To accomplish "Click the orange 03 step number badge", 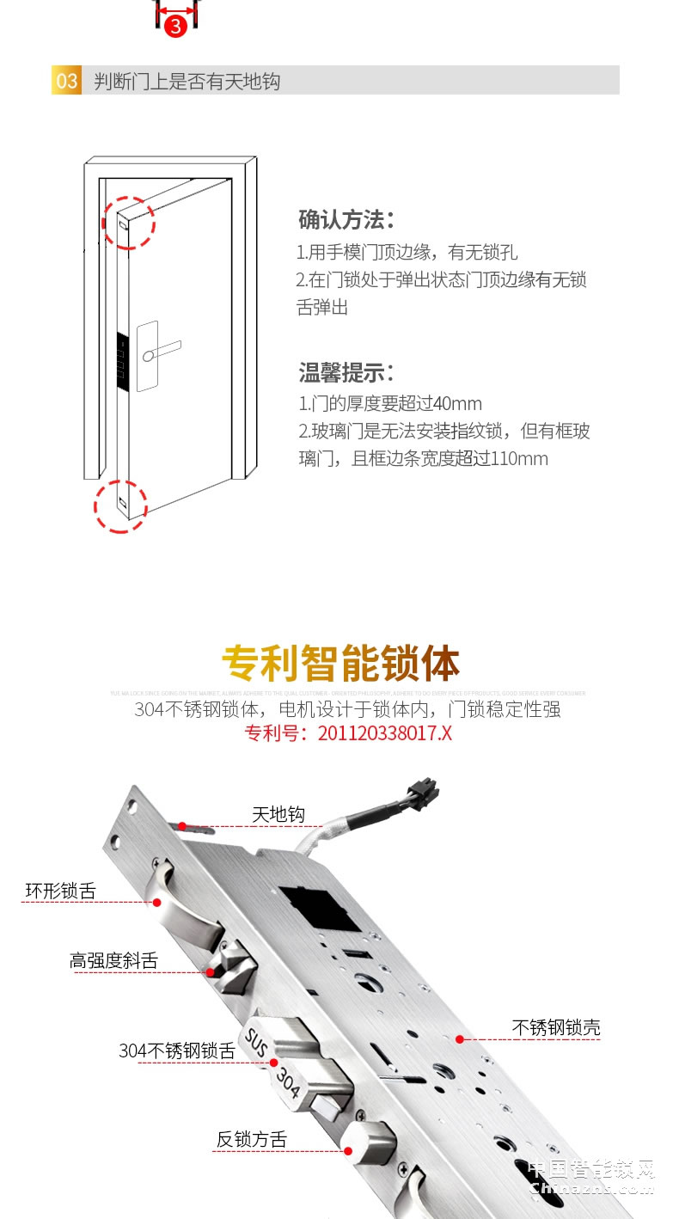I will click(x=67, y=82).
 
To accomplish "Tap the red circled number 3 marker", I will click(x=175, y=26).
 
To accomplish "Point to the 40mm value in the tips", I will click(x=458, y=404).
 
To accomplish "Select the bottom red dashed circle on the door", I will click(x=120, y=505).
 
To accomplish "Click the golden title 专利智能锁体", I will click(x=340, y=664).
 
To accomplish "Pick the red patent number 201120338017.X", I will click(x=384, y=733).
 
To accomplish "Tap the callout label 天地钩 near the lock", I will click(x=278, y=814).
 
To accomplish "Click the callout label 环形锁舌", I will click(x=60, y=891).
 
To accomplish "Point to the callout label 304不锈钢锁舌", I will click(x=176, y=1051).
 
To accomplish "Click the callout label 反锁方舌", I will click(x=251, y=1140).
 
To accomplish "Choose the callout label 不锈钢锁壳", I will click(x=556, y=1027).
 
